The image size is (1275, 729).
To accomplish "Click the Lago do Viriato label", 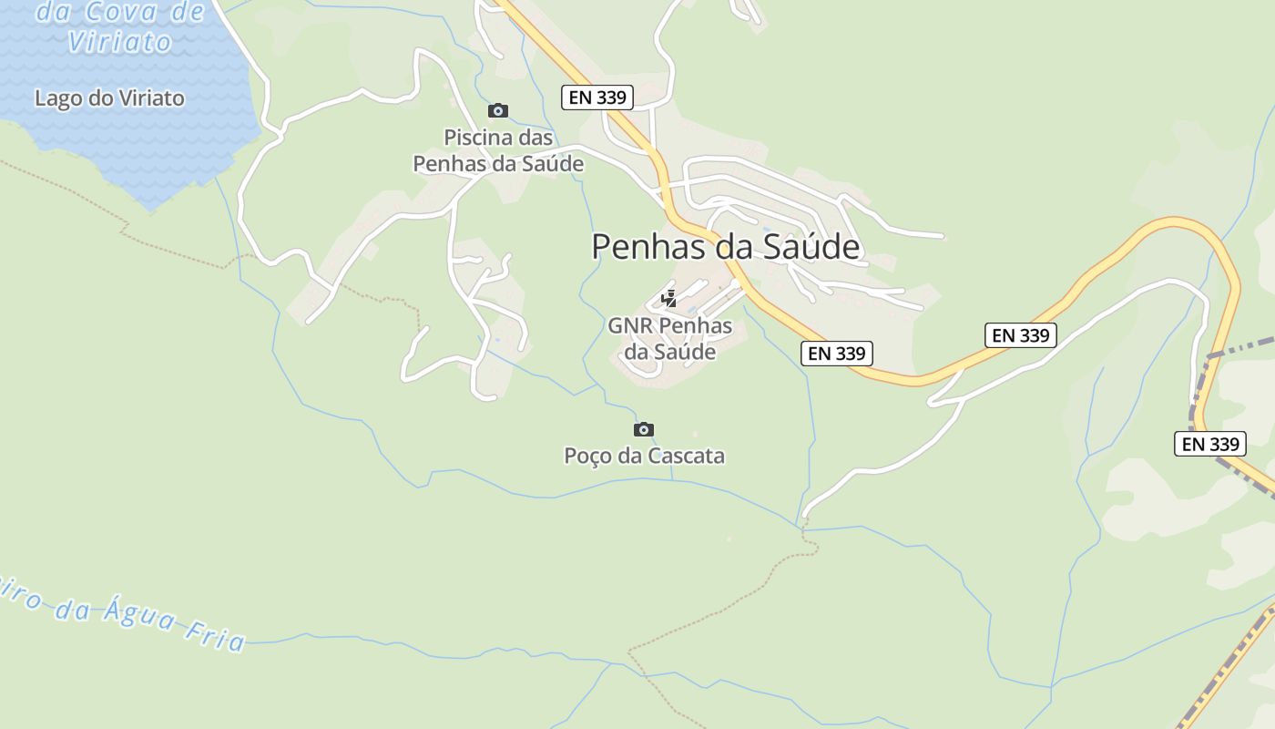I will click(109, 98).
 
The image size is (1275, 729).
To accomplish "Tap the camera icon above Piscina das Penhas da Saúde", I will click(498, 111).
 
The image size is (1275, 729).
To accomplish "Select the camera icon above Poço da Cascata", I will click(644, 429).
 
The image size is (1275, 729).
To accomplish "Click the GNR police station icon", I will click(669, 298).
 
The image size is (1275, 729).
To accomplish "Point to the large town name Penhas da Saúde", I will click(726, 247).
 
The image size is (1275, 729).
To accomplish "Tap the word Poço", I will click(587, 456).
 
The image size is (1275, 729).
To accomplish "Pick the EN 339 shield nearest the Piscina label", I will click(597, 98).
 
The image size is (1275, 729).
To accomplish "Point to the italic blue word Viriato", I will click(119, 42).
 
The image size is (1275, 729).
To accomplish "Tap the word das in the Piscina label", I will click(535, 139).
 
